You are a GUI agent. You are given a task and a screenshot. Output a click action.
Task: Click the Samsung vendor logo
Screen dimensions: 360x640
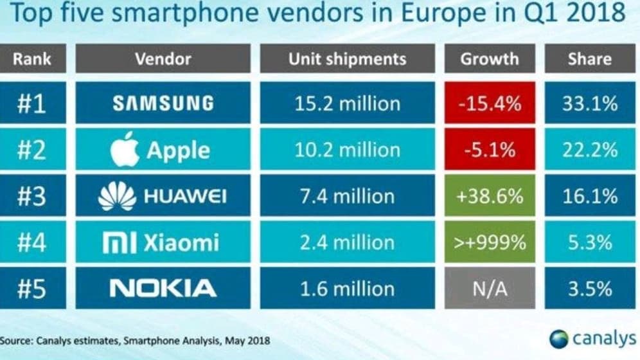163,103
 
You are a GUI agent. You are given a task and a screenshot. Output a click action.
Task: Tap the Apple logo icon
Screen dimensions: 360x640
124,150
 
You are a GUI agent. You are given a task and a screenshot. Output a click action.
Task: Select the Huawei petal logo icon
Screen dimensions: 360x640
117,196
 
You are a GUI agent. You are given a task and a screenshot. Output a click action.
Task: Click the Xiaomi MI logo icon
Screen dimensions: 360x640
119,242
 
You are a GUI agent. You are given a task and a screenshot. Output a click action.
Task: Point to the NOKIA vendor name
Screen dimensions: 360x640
163,288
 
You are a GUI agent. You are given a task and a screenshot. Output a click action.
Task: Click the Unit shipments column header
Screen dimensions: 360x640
347,59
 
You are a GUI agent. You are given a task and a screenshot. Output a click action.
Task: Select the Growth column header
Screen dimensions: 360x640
489,59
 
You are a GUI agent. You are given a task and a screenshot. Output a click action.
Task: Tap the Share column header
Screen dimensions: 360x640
589,59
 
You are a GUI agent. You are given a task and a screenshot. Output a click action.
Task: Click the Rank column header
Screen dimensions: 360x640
32,59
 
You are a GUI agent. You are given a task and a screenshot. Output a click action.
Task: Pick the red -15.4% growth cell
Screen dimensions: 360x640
489,103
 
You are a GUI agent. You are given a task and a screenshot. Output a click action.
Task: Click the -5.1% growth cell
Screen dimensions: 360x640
489,150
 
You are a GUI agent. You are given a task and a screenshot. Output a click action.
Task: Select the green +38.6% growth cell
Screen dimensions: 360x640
489,196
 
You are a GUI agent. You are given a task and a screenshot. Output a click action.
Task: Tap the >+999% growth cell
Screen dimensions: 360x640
489,242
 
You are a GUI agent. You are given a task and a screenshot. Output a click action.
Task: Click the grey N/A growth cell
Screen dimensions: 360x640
489,288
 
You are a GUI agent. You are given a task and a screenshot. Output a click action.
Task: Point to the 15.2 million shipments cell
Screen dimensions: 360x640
347,103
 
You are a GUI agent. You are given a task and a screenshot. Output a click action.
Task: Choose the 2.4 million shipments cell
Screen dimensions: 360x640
347,242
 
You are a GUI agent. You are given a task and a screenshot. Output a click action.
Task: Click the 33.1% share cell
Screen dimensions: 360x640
589,103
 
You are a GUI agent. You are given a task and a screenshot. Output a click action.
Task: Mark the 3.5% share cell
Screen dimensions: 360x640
589,288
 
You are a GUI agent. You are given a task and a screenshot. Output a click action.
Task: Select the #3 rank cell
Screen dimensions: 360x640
32,196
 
